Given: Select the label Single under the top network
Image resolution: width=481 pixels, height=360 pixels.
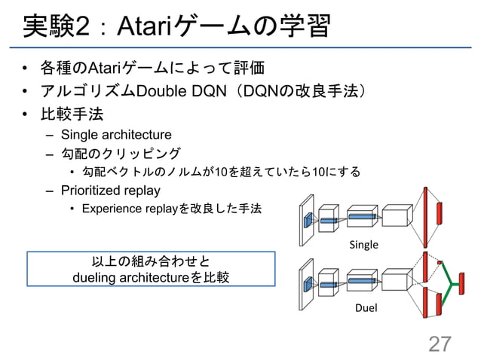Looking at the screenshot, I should pos(363,245).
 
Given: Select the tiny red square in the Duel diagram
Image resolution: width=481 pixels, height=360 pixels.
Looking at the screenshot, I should pos(440,263).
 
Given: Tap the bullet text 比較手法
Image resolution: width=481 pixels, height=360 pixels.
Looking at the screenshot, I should pos(72,114).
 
